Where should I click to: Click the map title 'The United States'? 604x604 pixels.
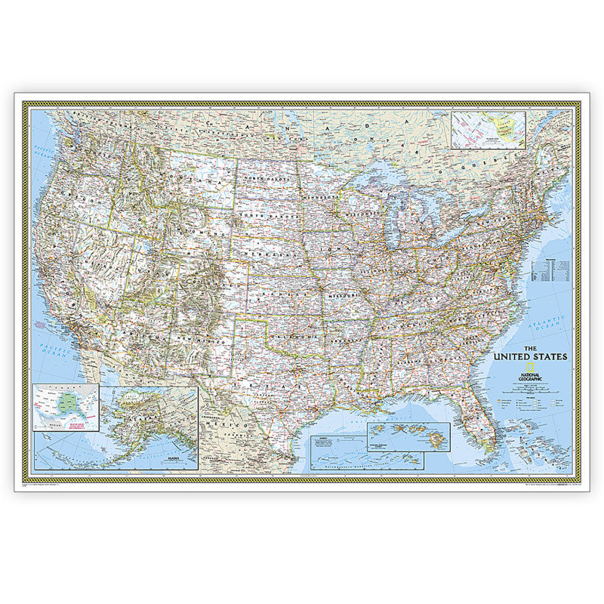[x=532, y=356]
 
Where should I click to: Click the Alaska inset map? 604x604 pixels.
[x=148, y=428]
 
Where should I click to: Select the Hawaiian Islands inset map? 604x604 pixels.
[x=408, y=436]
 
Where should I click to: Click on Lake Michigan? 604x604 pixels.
[x=394, y=226]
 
